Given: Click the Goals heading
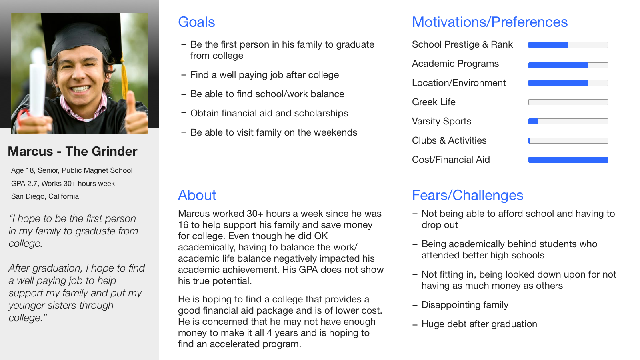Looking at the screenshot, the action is [196, 22].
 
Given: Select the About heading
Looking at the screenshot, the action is [197, 195].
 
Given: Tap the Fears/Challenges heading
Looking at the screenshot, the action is [468, 196].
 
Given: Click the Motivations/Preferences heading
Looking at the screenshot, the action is [490, 22].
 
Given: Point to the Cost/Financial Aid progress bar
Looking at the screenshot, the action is [568, 160].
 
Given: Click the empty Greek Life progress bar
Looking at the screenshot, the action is [568, 102].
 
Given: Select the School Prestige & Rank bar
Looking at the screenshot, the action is [568, 45].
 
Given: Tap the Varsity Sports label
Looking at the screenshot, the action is [442, 122].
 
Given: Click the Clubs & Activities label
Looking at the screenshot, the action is [449, 140].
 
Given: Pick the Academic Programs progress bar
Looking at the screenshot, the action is [568, 66].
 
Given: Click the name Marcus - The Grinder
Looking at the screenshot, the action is [72, 151].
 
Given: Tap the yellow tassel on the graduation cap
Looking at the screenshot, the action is [124, 76].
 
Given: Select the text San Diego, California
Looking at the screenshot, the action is [45, 196].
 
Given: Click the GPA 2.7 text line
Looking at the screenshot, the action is [63, 184].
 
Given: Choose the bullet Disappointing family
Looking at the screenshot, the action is [465, 305].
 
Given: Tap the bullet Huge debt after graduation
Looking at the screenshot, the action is [480, 324].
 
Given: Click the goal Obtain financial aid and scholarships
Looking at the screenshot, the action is [269, 114].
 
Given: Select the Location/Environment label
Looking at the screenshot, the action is [459, 83].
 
